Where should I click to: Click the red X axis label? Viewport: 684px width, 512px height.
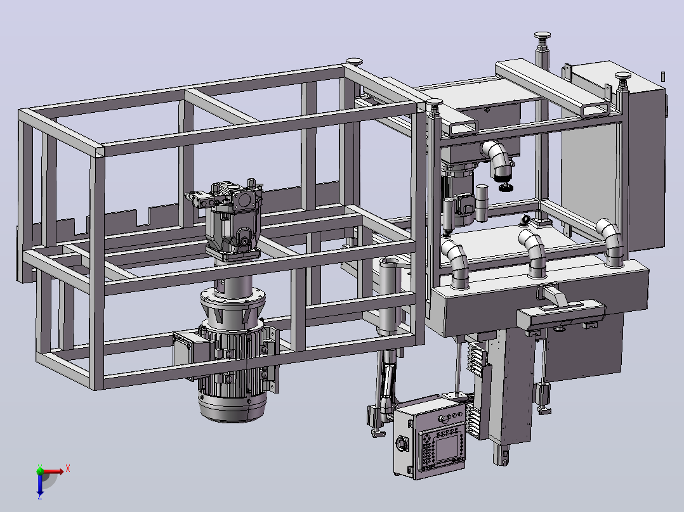(68, 469)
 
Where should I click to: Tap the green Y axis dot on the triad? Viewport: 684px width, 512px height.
(40, 471)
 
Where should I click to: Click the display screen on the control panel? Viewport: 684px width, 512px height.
(447, 447)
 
